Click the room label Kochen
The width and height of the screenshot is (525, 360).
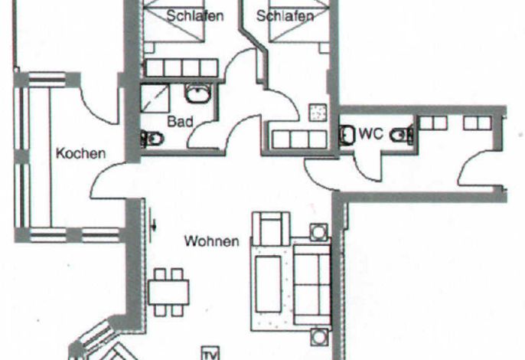click(80, 153)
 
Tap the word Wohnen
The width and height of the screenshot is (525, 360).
click(212, 241)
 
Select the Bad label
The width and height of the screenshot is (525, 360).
click(180, 121)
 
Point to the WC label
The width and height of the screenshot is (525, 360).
click(371, 134)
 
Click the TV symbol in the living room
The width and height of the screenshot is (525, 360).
click(211, 353)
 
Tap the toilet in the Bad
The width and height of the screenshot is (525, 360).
click(152, 138)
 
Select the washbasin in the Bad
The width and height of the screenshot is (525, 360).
click(198, 93)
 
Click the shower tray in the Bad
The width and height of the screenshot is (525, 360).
click(155, 98)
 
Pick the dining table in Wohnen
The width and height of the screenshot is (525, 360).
click(168, 293)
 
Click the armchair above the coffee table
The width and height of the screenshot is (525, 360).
click(271, 228)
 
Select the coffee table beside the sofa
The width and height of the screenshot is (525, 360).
click(268, 284)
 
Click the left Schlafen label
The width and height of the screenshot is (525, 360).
click(195, 16)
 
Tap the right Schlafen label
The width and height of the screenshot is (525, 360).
click(285, 16)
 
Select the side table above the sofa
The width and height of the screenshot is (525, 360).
click(319, 232)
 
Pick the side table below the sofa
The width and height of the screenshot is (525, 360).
click(319, 337)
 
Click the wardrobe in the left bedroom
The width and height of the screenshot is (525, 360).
click(182, 68)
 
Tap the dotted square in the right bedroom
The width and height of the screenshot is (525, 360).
click(318, 113)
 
